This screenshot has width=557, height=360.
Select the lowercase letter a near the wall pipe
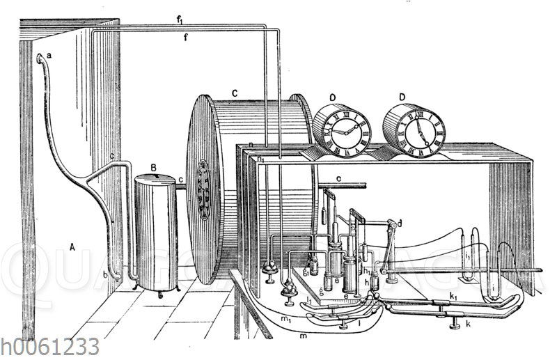[x=49, y=55]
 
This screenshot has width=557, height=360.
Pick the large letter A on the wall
[x=72, y=245]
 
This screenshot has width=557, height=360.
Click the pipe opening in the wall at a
[x=40, y=58]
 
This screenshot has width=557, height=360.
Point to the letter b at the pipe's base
[x=105, y=276]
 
